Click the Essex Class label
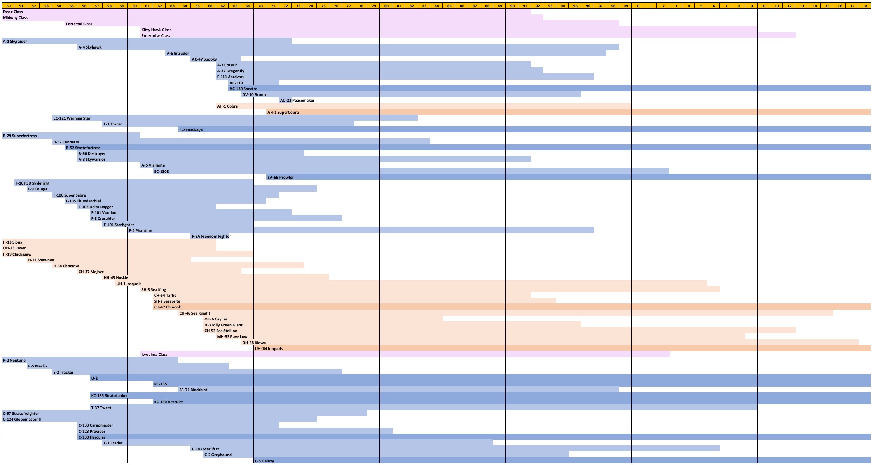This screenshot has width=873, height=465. [13, 12]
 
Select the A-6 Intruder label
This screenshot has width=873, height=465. [178, 54]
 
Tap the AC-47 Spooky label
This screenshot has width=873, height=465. [204, 59]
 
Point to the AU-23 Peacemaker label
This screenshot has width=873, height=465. [297, 101]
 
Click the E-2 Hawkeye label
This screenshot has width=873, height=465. [191, 130]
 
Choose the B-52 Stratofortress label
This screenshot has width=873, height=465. [83, 148]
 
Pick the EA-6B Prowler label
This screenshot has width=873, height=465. [280, 178]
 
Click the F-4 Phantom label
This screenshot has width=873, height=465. [140, 231]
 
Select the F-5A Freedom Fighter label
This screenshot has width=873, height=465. [211, 237]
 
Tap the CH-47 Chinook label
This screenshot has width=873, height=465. [167, 307]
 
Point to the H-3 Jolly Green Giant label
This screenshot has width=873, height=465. [223, 325]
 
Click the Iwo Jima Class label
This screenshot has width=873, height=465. [154, 355]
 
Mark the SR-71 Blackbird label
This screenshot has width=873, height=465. [193, 390]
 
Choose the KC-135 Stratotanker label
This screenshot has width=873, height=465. [109, 396]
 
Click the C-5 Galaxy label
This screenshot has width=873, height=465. [264, 461]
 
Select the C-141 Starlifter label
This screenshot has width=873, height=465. [206, 449]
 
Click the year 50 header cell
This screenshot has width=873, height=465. [9, 6]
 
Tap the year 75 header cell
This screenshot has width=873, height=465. [323, 6]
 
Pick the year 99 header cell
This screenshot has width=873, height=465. [625, 6]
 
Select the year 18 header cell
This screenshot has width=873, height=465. [865, 6]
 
